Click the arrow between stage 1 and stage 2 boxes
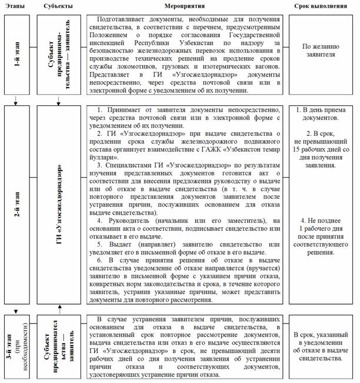[15, 101]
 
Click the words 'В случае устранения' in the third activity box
[126, 319]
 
